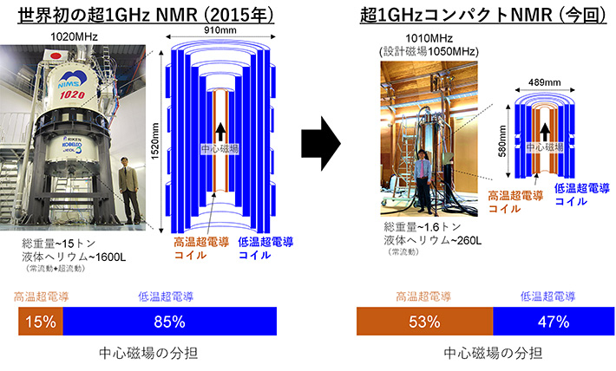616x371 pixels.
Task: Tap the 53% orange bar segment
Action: tap(424, 322)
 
